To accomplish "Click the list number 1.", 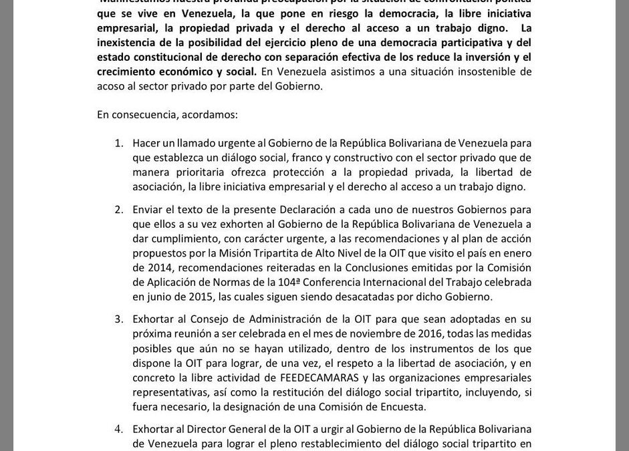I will (x=118, y=144).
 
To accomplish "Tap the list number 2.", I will (x=118, y=210).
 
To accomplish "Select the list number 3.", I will (x=118, y=319).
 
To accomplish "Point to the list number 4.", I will (x=118, y=428).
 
